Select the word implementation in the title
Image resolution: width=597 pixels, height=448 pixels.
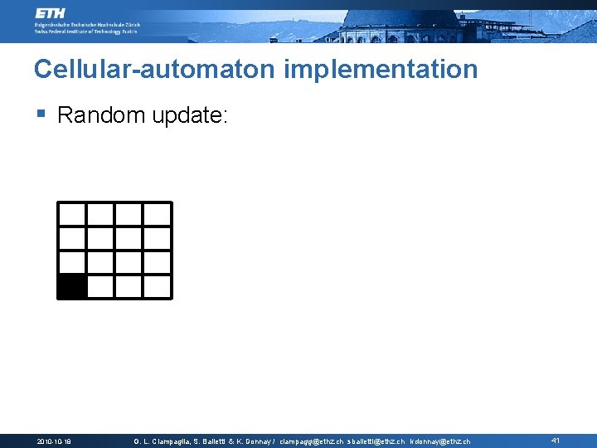[381, 69]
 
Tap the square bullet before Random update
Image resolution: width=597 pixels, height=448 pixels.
[41, 114]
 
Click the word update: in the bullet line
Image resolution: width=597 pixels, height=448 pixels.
[189, 116]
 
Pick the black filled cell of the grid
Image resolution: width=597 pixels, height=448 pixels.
[72, 286]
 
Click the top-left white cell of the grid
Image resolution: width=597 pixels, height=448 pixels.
[72, 214]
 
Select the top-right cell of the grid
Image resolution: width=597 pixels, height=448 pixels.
[157, 214]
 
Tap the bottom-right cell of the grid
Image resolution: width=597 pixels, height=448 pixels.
[157, 286]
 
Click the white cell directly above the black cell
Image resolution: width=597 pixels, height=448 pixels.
[72, 262]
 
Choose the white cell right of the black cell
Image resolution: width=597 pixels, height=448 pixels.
[100, 286]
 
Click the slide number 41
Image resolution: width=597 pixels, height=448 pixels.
[556, 441]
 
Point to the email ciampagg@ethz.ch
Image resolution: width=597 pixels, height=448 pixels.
[312, 441]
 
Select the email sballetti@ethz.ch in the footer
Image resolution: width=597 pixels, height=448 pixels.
[376, 441]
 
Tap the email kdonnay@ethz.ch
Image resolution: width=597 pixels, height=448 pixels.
[439, 441]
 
